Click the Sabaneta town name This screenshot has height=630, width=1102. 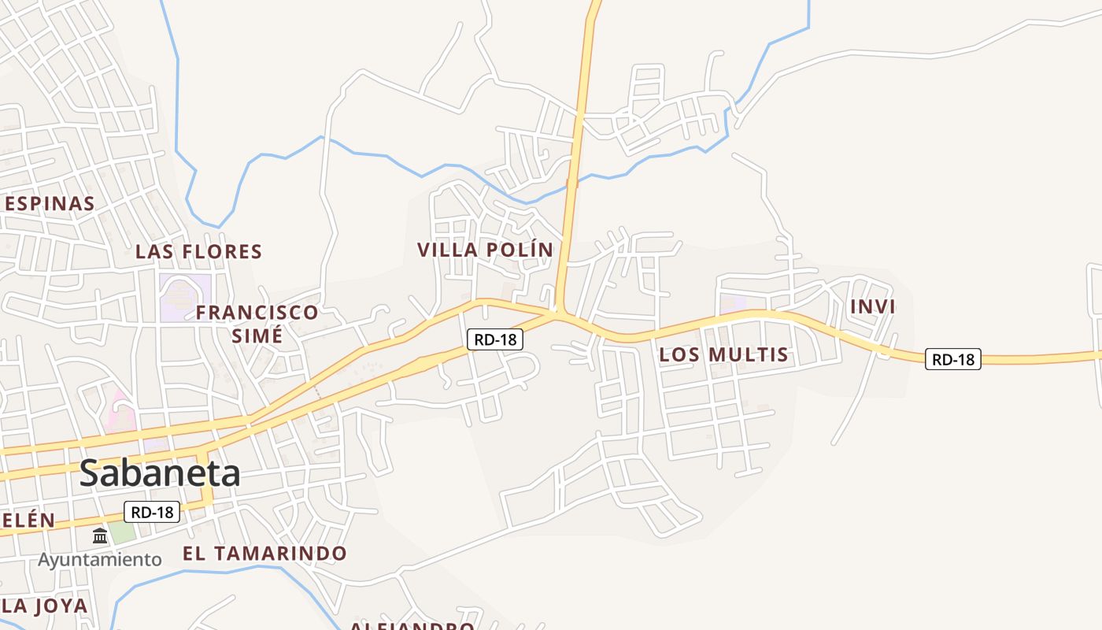coord(160,473)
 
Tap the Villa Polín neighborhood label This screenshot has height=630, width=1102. coord(485,250)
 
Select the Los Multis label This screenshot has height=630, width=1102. coord(723,354)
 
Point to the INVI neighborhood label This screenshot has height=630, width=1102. coord(873,307)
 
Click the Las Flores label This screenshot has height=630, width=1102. coord(198,252)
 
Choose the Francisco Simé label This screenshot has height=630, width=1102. coord(257,324)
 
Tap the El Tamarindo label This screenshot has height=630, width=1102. coord(264,554)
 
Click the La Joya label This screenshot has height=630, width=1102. coord(44,606)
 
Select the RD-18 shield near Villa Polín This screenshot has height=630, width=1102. coord(495,339)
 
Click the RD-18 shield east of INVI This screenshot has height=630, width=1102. coord(952,360)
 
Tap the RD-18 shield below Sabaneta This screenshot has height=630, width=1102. coord(152,512)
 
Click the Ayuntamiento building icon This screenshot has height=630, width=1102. coord(100,536)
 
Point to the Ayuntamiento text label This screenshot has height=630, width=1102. coord(100,560)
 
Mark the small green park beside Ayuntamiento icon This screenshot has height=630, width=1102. coord(122,532)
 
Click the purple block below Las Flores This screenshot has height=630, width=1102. coord(186,297)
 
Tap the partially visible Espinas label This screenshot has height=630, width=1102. coord(49,203)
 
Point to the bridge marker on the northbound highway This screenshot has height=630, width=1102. coord(572,183)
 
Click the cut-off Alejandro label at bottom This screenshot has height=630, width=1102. coord(412,625)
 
